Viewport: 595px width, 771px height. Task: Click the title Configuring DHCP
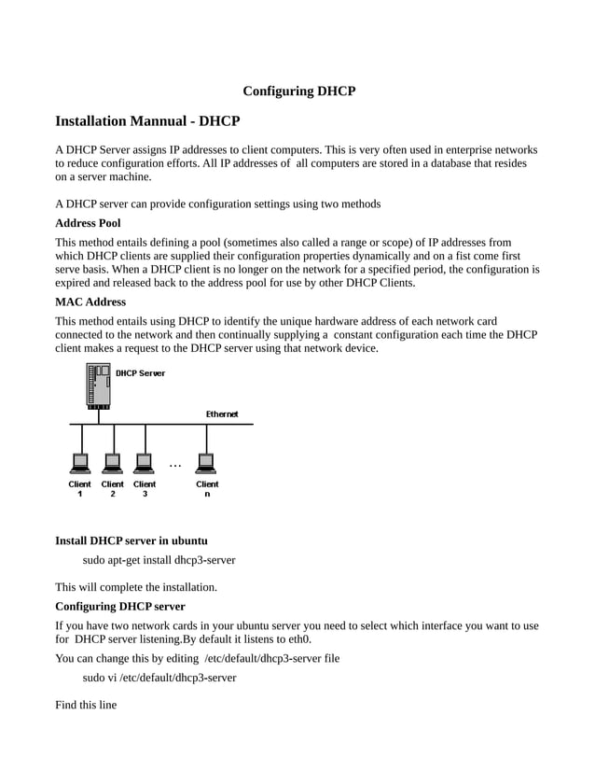298,91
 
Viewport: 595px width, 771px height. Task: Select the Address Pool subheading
88,224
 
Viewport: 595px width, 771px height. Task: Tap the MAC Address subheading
90,301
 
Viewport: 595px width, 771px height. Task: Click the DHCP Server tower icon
99,385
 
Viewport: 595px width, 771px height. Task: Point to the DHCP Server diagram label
140,373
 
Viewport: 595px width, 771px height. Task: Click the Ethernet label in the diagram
221,414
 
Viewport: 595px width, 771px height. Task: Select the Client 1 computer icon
80,463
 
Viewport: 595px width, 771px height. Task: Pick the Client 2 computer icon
112,463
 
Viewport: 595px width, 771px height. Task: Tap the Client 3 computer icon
145,463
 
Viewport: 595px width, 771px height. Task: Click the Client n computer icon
206,463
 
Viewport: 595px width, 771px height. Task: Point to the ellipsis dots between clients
175,465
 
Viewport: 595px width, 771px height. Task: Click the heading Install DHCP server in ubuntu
131,540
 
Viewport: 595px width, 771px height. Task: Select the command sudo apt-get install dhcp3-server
159,560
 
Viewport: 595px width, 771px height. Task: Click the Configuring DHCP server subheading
119,606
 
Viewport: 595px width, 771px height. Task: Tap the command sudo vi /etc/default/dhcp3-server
159,678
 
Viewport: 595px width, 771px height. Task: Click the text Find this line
86,705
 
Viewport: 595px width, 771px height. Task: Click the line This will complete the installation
135,587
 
